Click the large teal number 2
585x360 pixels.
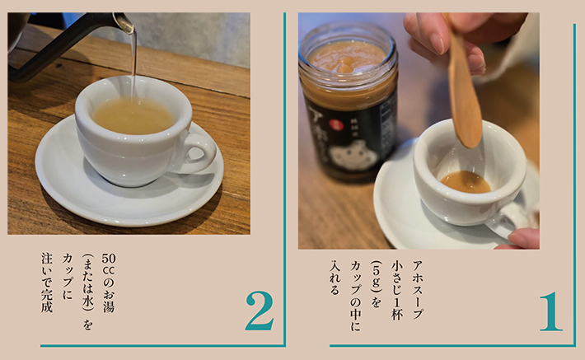(x=259, y=311)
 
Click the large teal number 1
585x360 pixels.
(x=550, y=311)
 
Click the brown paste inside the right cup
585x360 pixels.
(x=466, y=181)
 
